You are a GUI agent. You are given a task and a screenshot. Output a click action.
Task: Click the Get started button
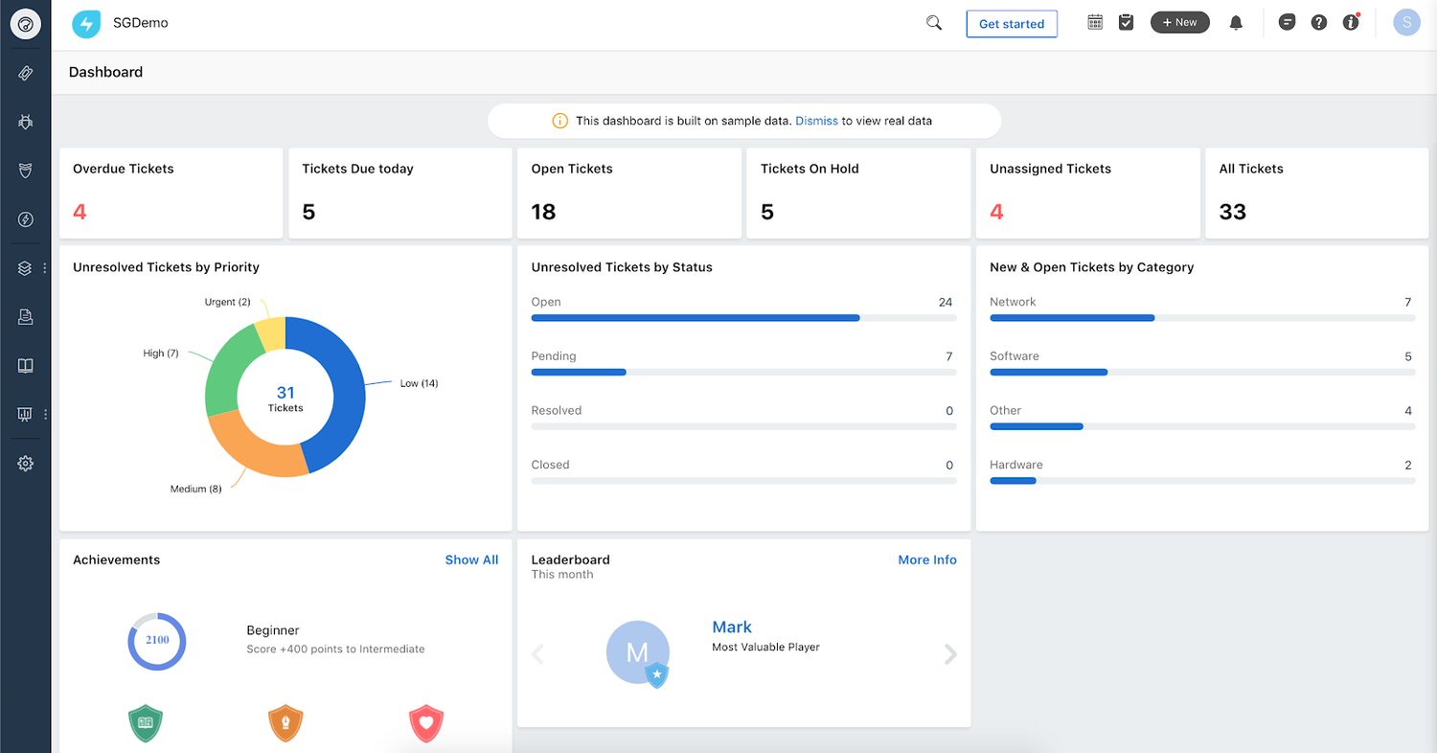click(x=1011, y=24)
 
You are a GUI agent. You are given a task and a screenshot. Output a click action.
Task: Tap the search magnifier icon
click(x=934, y=23)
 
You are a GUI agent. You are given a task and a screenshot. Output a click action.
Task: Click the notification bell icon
click(x=1236, y=23)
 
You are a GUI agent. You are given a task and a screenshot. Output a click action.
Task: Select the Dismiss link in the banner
click(x=816, y=121)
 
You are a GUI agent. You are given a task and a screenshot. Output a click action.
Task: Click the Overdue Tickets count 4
click(x=80, y=212)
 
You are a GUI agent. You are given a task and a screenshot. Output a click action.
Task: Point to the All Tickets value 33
click(x=1232, y=212)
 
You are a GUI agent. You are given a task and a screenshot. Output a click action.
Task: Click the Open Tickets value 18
click(x=543, y=212)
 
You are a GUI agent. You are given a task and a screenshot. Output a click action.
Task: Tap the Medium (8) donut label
click(x=195, y=489)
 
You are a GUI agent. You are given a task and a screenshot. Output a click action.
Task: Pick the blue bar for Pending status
click(x=579, y=372)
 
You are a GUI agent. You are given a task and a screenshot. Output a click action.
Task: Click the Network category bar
click(x=1071, y=318)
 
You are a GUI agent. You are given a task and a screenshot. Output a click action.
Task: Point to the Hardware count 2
click(x=1407, y=465)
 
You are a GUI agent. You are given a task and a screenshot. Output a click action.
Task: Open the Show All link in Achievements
click(x=471, y=559)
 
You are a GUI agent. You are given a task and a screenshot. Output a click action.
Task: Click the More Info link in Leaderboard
click(x=926, y=559)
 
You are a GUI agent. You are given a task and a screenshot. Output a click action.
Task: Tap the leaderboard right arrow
click(x=949, y=654)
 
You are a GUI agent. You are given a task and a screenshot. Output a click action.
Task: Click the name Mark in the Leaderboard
click(x=732, y=627)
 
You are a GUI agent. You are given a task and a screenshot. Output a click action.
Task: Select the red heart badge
click(x=425, y=724)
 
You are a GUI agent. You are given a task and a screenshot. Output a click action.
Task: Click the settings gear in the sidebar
click(x=26, y=464)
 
